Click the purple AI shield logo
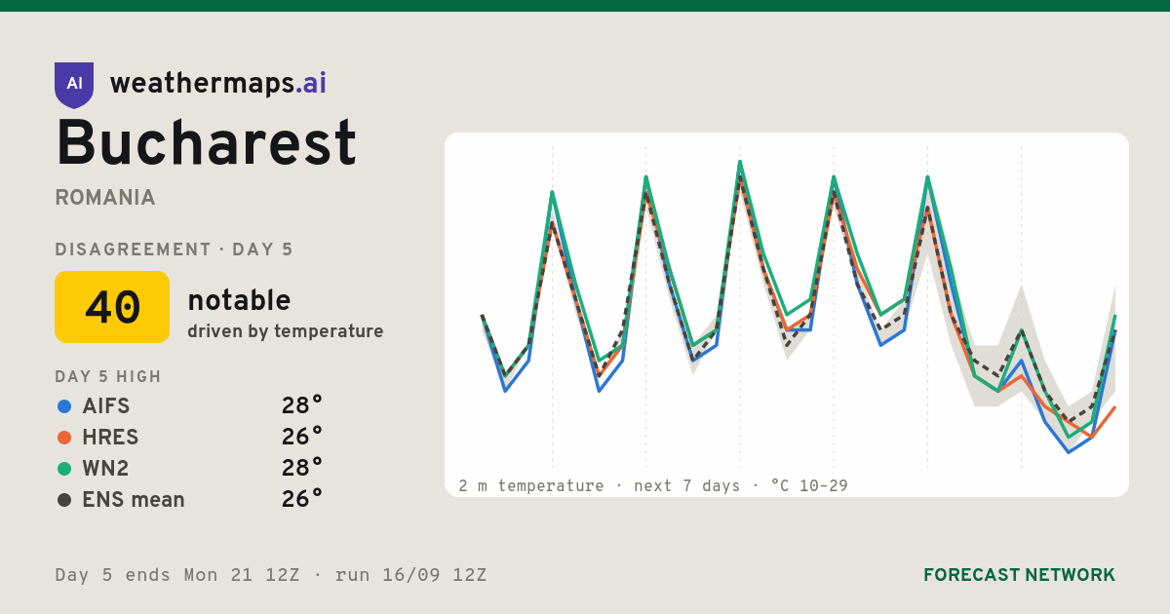tap(74, 85)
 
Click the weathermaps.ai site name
tap(217, 84)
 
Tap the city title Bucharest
tap(206, 142)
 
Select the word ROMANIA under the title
tap(105, 198)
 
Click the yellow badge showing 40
tap(112, 307)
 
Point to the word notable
tap(239, 300)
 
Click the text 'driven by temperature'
tap(285, 331)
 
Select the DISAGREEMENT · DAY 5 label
tap(174, 249)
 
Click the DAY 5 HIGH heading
tap(108, 376)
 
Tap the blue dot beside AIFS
tap(64, 406)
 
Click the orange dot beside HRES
tap(64, 438)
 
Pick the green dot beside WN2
tap(64, 469)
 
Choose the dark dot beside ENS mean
tap(64, 500)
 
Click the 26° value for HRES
tap(302, 437)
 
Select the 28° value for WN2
tap(302, 468)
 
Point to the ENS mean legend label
tap(134, 500)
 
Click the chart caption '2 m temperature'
tap(530, 486)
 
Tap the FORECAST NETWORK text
tap(1019, 575)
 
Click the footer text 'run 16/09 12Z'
tap(410, 575)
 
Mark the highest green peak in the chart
tap(740, 162)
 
